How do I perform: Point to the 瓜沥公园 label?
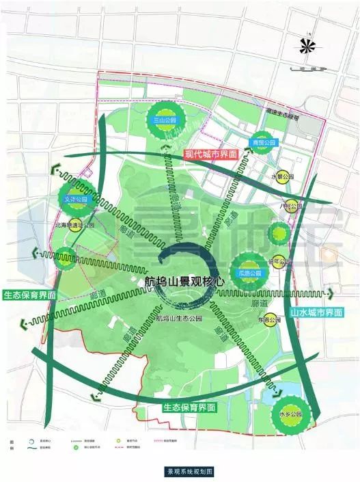pos(249,273)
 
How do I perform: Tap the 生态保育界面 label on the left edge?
pos(29,295)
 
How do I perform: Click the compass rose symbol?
pos(307,47)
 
